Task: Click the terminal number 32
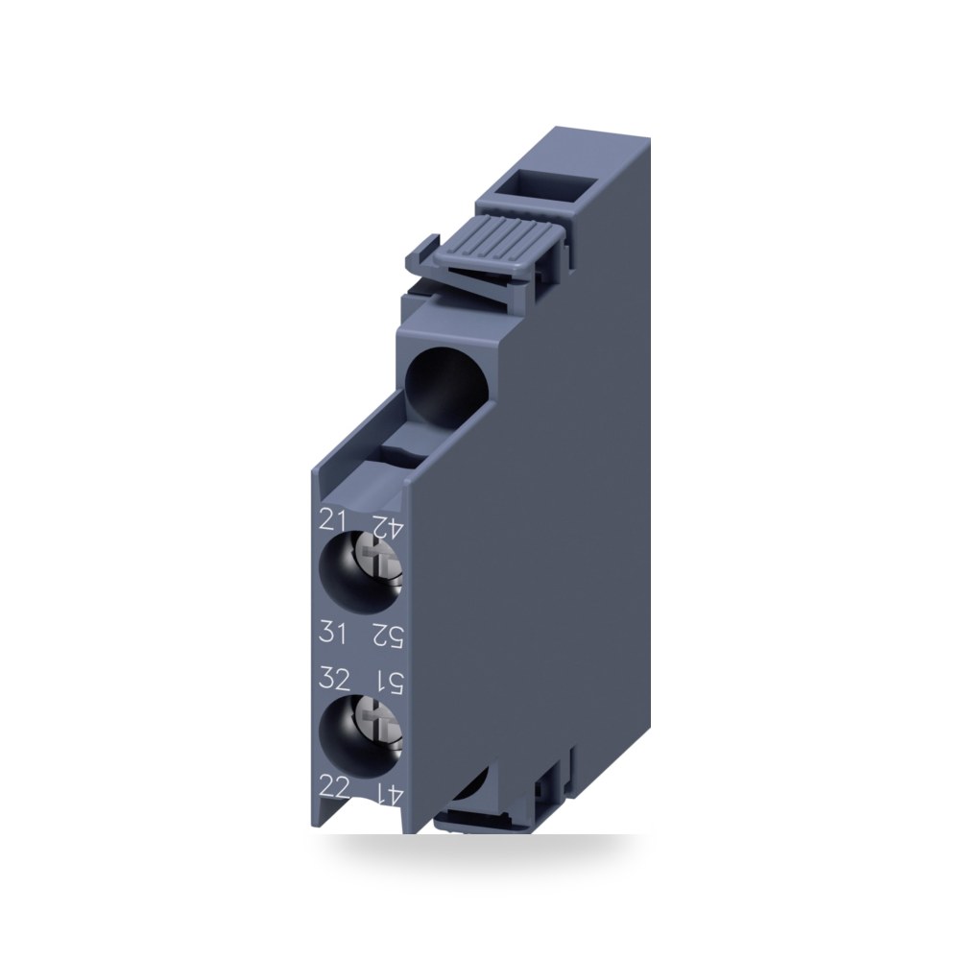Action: tap(334, 679)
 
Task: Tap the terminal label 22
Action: tap(334, 787)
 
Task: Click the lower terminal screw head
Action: tap(379, 729)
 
